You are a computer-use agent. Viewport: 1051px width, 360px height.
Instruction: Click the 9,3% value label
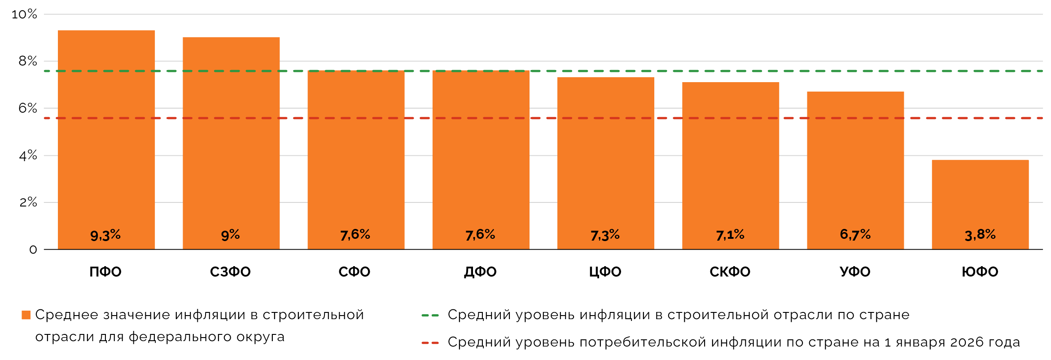pos(105,235)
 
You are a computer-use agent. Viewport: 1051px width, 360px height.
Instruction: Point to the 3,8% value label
pos(980,234)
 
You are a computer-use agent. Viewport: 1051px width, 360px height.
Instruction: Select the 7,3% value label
pos(605,235)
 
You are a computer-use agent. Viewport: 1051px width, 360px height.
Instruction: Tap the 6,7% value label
pos(855,234)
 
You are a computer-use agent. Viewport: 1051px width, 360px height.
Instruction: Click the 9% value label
pos(230,235)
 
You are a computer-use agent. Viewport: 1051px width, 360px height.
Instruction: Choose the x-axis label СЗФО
pos(230,272)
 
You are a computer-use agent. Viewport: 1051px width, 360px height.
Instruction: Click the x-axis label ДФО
pos(480,272)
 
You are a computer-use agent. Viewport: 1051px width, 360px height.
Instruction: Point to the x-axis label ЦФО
pos(605,272)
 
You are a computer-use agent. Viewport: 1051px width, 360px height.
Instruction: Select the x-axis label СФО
pos(355,272)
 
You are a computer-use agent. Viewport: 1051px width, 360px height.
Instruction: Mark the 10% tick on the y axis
pos(24,14)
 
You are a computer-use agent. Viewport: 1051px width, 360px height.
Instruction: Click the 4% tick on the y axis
pos(28,155)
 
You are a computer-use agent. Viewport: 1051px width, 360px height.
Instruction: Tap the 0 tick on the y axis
pos(33,250)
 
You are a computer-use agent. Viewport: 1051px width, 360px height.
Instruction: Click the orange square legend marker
pos(26,315)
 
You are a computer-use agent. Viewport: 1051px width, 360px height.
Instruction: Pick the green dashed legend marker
pos(430,316)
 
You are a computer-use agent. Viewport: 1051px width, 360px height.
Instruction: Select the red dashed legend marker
pos(430,343)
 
